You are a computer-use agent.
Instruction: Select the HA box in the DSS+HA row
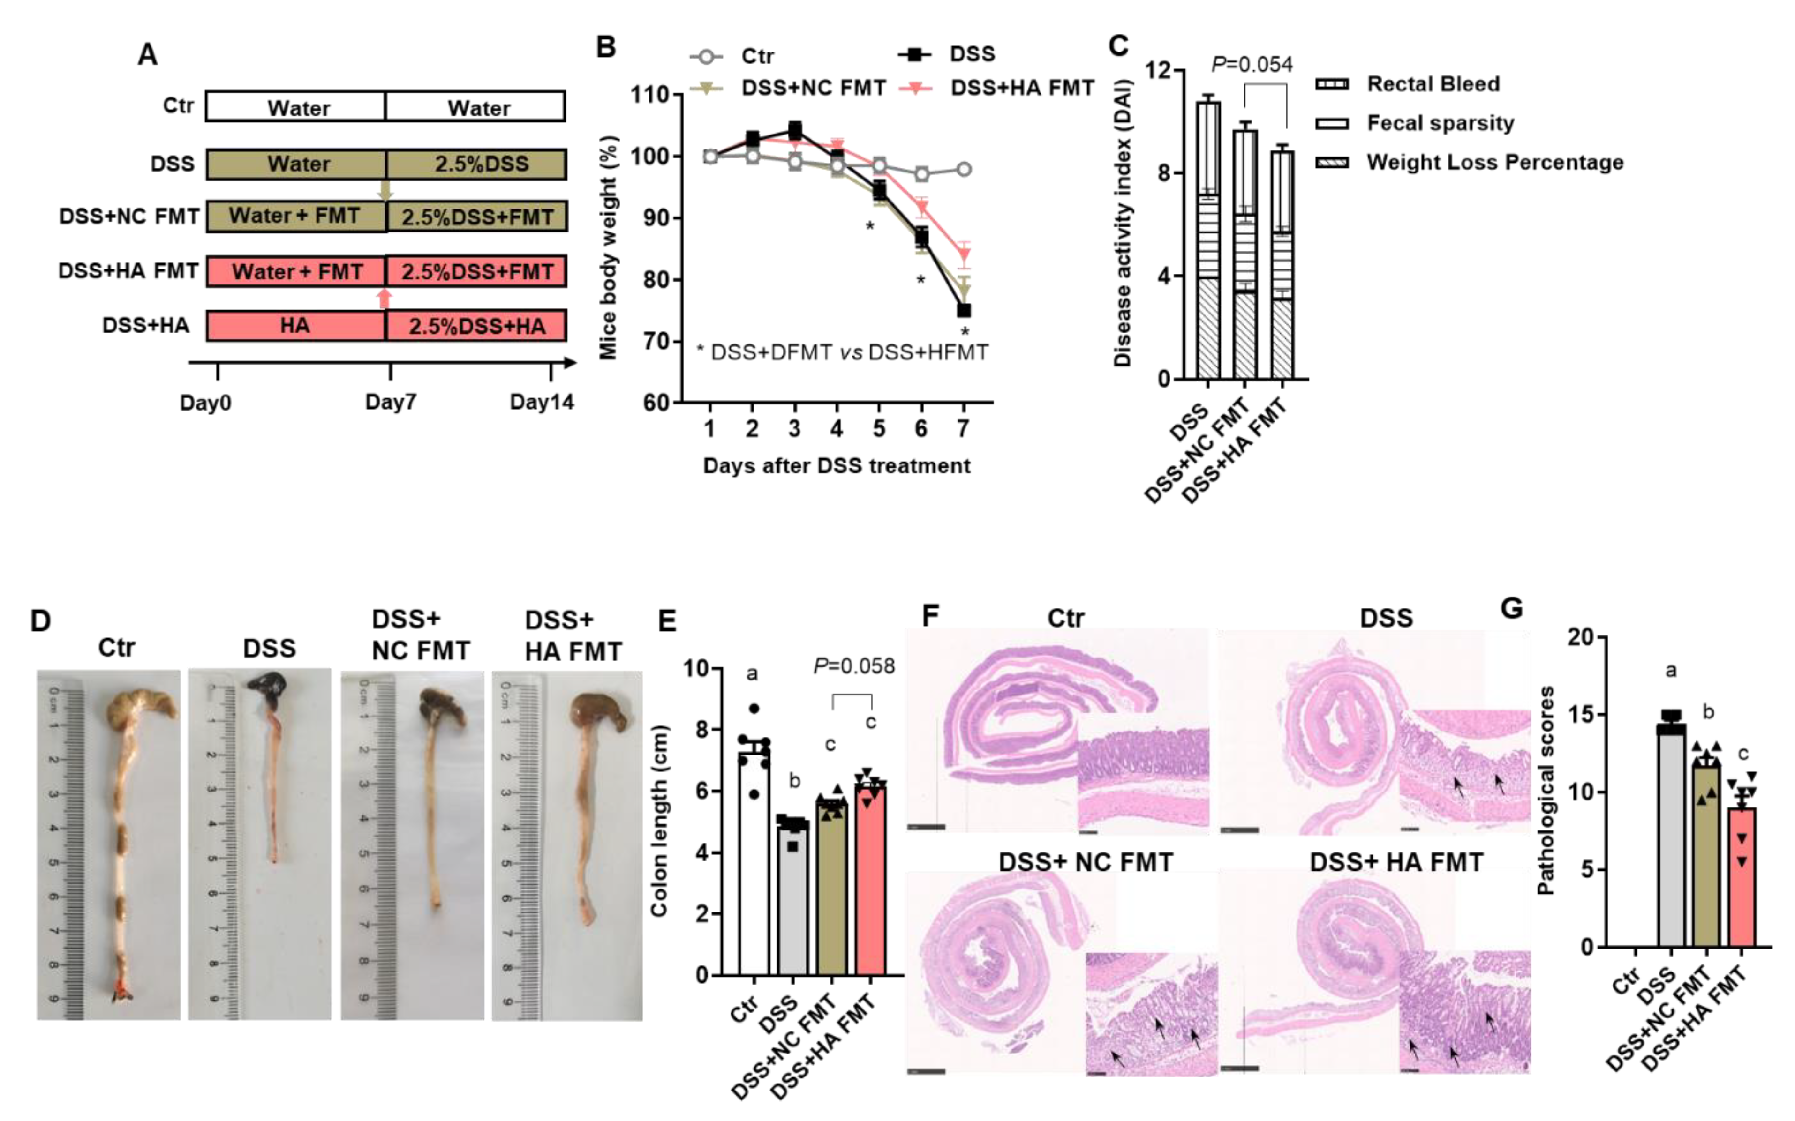click(295, 326)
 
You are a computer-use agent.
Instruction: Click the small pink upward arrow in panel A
click(384, 298)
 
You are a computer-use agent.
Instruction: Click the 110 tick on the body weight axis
click(650, 95)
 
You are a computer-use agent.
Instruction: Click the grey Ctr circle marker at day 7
click(964, 169)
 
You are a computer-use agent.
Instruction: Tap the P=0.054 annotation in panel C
click(1252, 65)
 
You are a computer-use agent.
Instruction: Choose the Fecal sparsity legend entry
click(1440, 123)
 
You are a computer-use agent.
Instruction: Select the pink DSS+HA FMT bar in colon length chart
click(870, 882)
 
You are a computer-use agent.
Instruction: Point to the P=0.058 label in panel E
click(854, 666)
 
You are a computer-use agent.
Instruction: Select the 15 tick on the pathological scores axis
click(1584, 715)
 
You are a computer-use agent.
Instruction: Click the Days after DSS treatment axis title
click(836, 466)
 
